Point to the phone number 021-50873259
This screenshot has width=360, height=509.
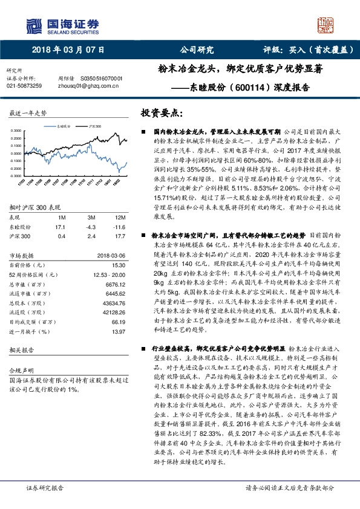pos(24,86)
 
